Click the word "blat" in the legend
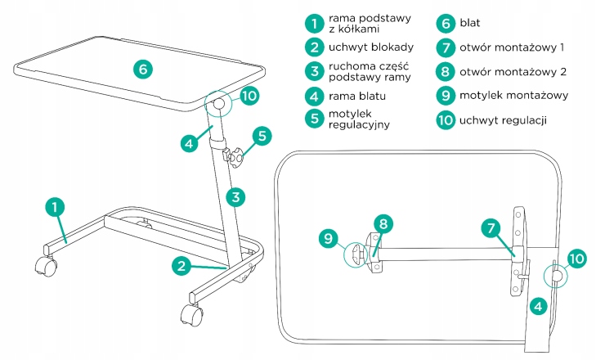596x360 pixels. click(x=472, y=23)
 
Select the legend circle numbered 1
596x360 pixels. click(x=311, y=23)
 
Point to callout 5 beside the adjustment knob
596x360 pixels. click(x=261, y=135)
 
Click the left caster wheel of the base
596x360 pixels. click(x=44, y=265)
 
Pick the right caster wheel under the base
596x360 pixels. click(x=189, y=317)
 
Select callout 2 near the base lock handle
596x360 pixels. click(x=183, y=265)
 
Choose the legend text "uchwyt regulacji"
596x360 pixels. click(x=503, y=120)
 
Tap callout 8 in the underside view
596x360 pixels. click(x=384, y=223)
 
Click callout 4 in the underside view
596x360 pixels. click(x=538, y=307)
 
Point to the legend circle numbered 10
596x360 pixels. click(x=445, y=120)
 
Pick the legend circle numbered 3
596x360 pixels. click(x=311, y=71)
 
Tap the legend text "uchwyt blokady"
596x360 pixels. click(x=371, y=47)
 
